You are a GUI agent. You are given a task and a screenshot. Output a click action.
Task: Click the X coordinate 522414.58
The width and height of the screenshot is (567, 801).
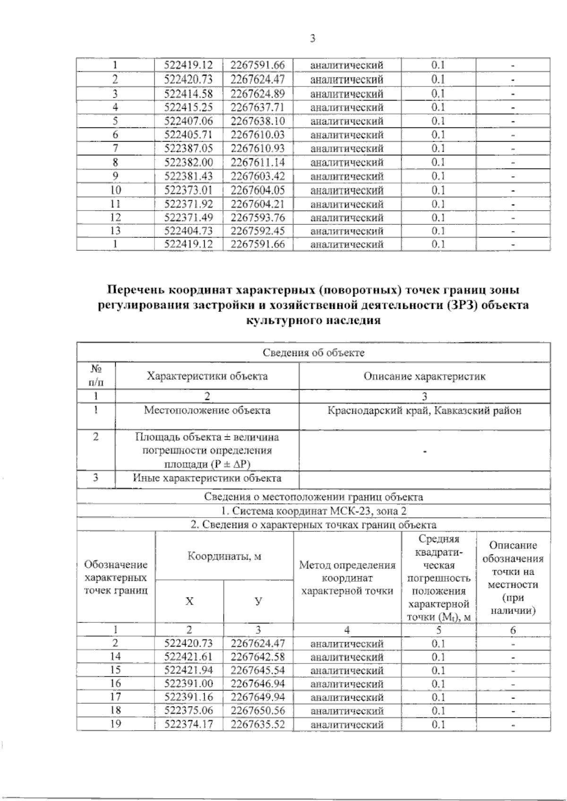189,93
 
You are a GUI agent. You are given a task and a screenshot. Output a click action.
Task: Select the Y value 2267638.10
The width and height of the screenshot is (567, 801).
258,121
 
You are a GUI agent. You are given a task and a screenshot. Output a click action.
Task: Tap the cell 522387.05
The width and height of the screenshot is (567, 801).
189,148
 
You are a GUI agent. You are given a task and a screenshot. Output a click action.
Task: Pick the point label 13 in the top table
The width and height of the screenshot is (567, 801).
115,231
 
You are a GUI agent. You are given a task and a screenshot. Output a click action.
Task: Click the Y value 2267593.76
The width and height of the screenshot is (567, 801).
258,218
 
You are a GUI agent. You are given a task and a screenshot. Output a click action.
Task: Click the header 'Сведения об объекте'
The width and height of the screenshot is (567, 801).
313,352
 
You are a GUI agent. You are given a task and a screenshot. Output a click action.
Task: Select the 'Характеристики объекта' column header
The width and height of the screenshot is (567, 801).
207,376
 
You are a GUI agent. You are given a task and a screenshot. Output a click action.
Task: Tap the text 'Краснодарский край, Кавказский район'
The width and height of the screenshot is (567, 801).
424,410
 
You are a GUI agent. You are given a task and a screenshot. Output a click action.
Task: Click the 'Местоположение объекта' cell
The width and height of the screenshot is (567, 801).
207,410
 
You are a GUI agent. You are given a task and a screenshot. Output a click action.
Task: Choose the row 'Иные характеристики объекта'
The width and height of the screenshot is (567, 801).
207,478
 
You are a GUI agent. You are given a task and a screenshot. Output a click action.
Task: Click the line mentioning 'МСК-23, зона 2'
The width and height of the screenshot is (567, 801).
313,511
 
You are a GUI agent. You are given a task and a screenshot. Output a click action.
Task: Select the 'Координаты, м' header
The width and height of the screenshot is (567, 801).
224,556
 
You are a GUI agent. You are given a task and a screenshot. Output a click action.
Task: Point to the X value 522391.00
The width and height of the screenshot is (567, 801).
189,683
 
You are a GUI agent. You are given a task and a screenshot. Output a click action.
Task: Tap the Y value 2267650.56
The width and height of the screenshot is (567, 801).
258,711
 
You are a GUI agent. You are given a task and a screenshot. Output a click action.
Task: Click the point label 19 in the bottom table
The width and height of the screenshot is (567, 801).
115,724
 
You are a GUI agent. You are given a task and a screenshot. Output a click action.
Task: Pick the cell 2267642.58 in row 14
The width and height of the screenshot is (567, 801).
258,657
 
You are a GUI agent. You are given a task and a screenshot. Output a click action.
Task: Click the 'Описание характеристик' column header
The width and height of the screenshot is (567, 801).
424,376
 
